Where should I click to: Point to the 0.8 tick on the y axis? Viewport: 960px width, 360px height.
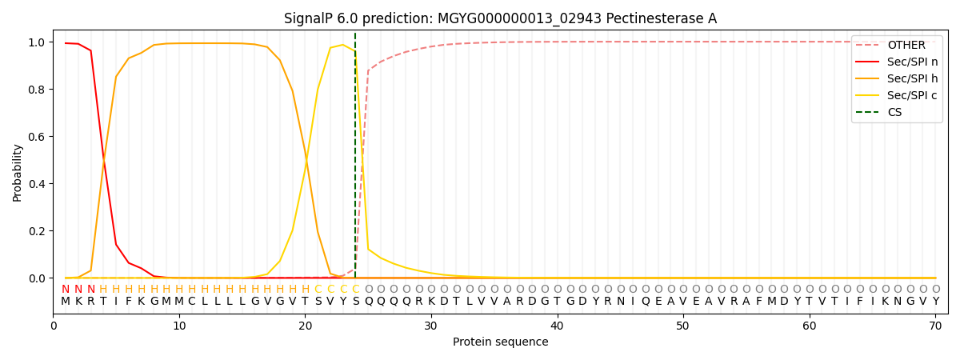click(37, 90)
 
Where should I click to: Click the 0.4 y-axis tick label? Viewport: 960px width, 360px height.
click(37, 184)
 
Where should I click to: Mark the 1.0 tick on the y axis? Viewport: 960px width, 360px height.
click(37, 42)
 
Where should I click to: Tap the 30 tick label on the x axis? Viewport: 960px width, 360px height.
click(430, 326)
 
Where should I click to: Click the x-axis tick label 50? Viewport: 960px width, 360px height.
click(682, 326)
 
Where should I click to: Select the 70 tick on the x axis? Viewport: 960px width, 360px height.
click(935, 326)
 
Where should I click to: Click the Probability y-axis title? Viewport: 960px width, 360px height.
click(17, 173)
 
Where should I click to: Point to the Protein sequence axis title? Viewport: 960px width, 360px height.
click(501, 342)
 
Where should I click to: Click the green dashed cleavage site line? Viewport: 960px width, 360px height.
click(355, 155)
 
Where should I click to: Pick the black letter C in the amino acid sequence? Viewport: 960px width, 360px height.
click(191, 302)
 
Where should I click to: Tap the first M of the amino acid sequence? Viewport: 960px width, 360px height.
click(66, 302)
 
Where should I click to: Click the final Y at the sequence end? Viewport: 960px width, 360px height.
click(936, 302)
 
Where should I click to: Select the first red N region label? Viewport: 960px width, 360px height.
click(66, 290)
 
